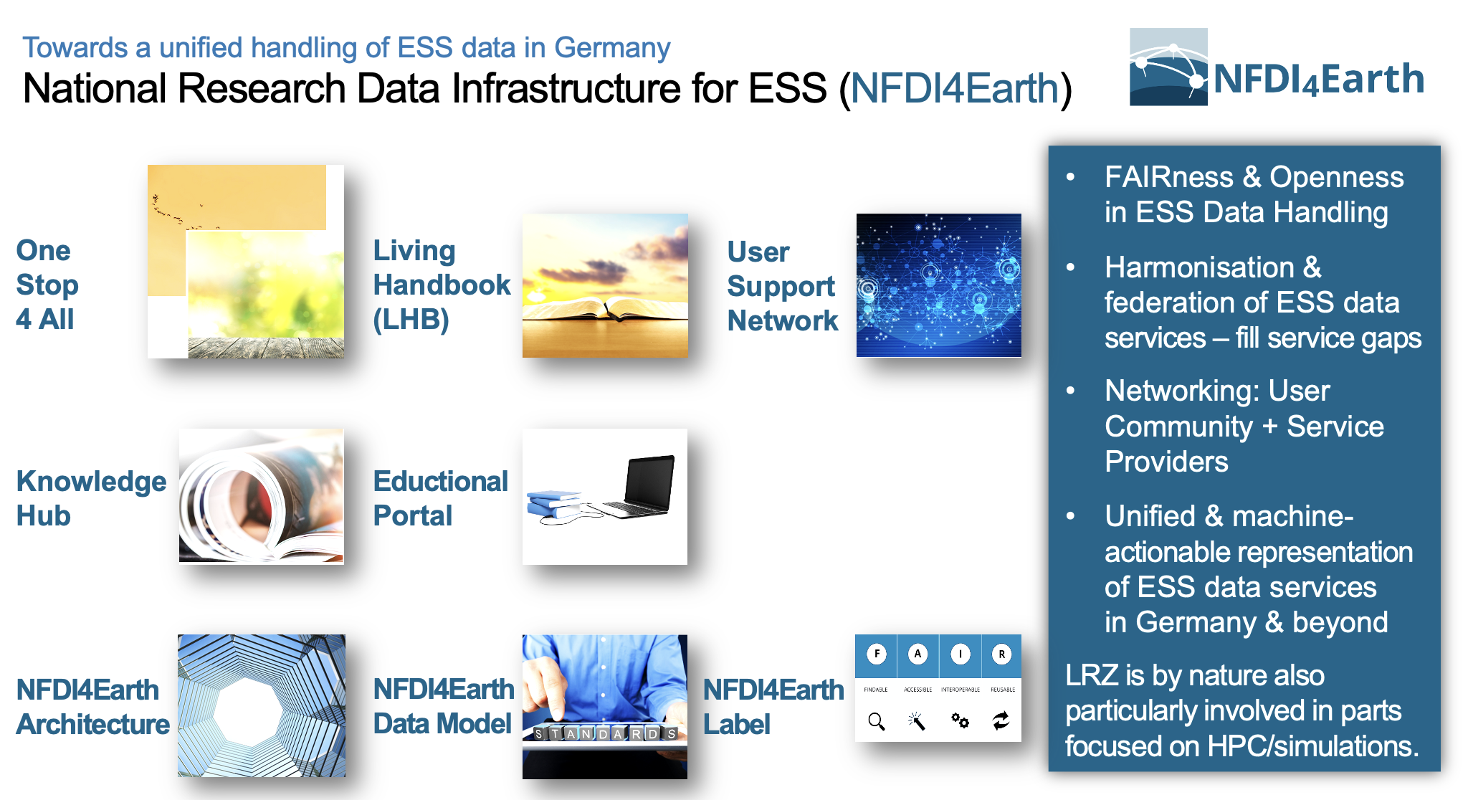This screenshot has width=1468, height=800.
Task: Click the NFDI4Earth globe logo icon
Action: (x=1168, y=67)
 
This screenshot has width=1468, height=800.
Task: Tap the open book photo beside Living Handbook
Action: (x=605, y=285)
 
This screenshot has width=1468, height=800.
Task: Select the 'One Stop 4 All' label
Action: (x=47, y=285)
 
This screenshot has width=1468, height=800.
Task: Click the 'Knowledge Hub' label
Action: (x=91, y=498)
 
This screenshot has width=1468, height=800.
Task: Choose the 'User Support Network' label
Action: (x=782, y=286)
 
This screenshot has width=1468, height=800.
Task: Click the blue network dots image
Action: (x=939, y=285)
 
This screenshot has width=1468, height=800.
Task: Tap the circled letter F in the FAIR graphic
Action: (x=877, y=654)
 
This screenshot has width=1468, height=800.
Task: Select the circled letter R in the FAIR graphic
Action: (x=1001, y=654)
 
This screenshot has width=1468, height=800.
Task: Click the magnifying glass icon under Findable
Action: (x=877, y=721)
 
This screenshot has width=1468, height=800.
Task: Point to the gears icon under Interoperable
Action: (x=960, y=720)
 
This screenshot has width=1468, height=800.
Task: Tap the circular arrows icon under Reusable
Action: (x=1001, y=720)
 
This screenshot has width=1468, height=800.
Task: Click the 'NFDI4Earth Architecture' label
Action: (x=92, y=707)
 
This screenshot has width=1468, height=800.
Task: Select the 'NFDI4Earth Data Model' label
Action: (x=444, y=706)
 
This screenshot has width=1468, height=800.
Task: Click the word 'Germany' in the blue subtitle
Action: (x=612, y=48)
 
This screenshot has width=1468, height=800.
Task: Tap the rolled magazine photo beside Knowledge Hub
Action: (x=262, y=496)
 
